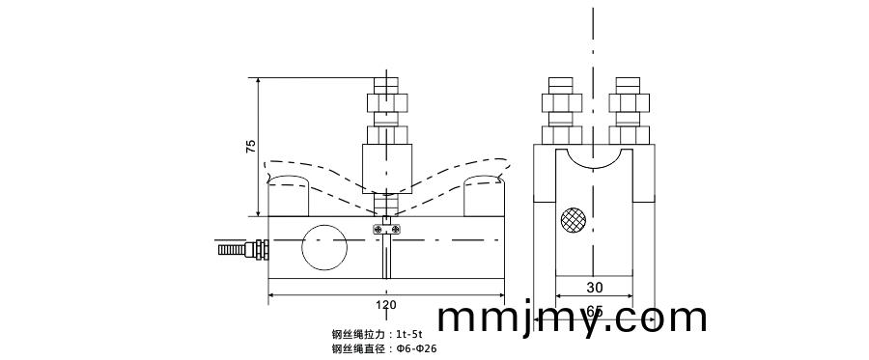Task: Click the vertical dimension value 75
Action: pos(251,147)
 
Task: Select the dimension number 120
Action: pos(385,306)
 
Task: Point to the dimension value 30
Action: pos(595,287)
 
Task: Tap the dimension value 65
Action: pos(595,311)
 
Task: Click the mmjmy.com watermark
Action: pos(572,318)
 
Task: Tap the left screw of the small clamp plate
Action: pos(375,228)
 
